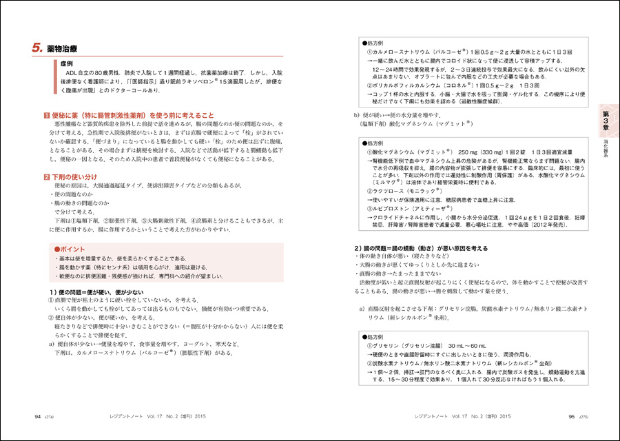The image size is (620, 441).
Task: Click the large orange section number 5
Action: [x=37, y=48]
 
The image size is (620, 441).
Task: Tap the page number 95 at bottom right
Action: [x=571, y=417]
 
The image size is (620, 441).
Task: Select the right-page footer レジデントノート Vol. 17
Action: [x=457, y=417]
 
